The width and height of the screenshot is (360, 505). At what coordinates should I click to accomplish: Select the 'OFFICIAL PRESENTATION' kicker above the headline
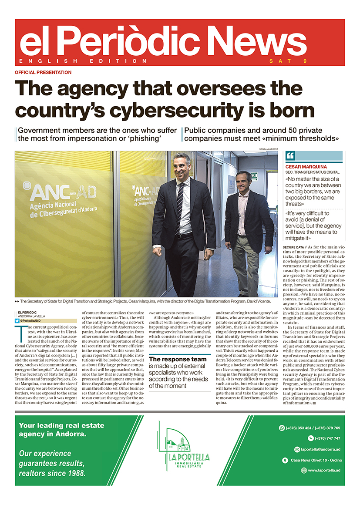click(x=43, y=72)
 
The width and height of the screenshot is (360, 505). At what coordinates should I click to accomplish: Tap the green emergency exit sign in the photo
click(x=254, y=176)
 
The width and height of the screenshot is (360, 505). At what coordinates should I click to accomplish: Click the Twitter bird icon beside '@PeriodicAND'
click(x=17, y=320)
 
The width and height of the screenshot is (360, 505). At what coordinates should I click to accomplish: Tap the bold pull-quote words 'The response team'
click(x=178, y=360)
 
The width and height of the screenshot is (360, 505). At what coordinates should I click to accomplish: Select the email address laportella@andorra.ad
click(x=318, y=449)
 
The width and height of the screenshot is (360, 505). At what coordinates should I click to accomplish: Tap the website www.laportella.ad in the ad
click(x=324, y=470)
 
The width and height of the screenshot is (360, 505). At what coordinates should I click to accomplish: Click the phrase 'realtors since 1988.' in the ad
click(x=52, y=473)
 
